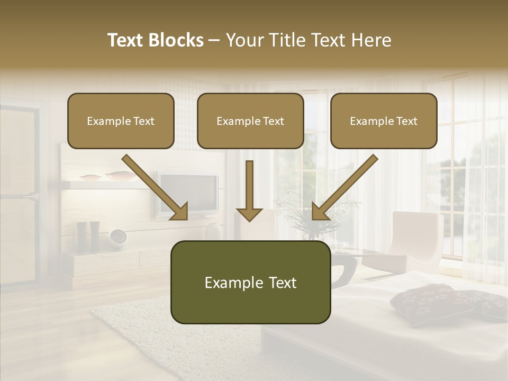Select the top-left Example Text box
(x=121, y=121)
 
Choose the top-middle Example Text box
(x=250, y=121)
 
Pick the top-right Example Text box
(x=384, y=121)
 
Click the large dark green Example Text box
(x=250, y=283)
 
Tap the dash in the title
(x=214, y=40)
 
